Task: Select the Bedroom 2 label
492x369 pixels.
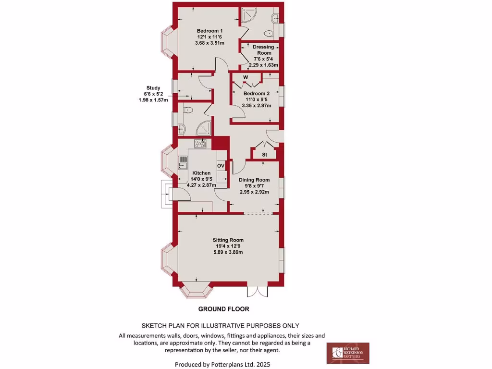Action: [x=256, y=93]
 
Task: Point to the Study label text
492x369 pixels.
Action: [x=153, y=87]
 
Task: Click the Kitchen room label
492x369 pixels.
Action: [x=201, y=173]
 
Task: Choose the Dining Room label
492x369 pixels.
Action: [x=254, y=180]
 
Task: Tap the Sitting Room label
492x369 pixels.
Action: [x=228, y=240]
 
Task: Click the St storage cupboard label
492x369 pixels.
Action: [x=265, y=155]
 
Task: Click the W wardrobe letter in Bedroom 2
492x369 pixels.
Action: [x=246, y=77]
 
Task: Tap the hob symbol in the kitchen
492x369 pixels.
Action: [x=200, y=143]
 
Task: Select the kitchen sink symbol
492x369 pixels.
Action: [x=183, y=162]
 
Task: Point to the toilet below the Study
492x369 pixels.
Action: [x=188, y=110]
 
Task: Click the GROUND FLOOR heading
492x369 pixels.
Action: [x=223, y=309]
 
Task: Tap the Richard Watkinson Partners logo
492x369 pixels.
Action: [x=348, y=353]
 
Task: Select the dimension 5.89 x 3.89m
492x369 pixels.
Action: [x=228, y=252]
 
